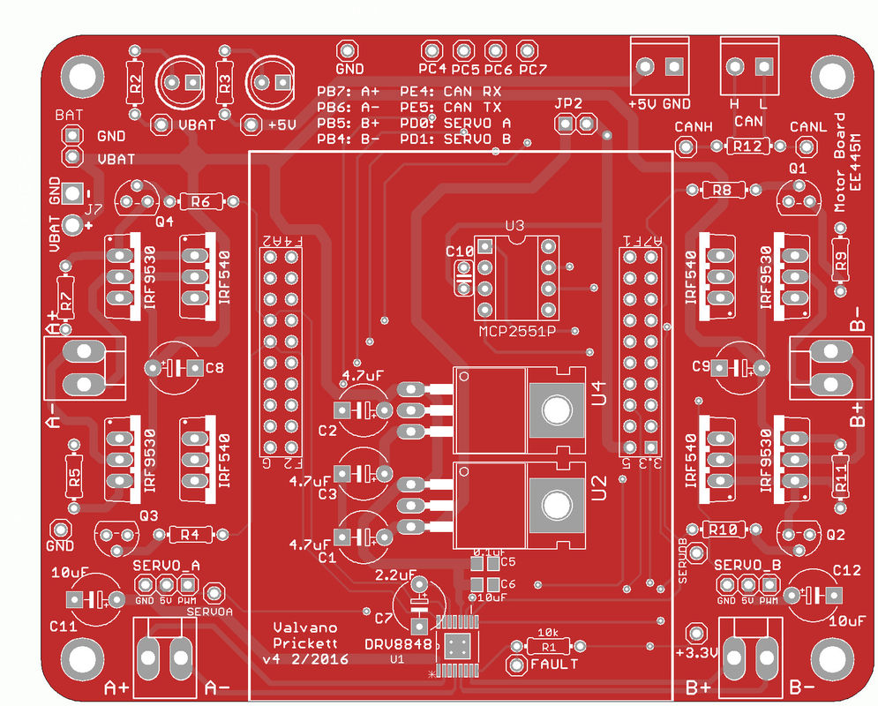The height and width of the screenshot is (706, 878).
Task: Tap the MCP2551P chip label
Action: click(x=517, y=331)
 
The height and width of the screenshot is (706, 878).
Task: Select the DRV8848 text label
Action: click(x=398, y=644)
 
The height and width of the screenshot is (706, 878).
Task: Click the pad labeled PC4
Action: click(x=431, y=51)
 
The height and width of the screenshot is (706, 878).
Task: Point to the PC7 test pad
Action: click(x=527, y=51)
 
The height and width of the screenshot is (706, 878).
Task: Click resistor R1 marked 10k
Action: click(x=547, y=646)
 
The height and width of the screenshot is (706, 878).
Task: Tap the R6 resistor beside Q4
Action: click(x=199, y=201)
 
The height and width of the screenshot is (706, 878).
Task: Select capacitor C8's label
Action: click(x=214, y=368)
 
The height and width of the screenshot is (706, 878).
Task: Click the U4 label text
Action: click(x=599, y=394)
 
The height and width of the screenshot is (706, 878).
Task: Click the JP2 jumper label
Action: click(x=569, y=103)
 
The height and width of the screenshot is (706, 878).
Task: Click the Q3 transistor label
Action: click(x=148, y=514)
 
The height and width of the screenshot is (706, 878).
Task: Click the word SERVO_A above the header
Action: click(x=167, y=564)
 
